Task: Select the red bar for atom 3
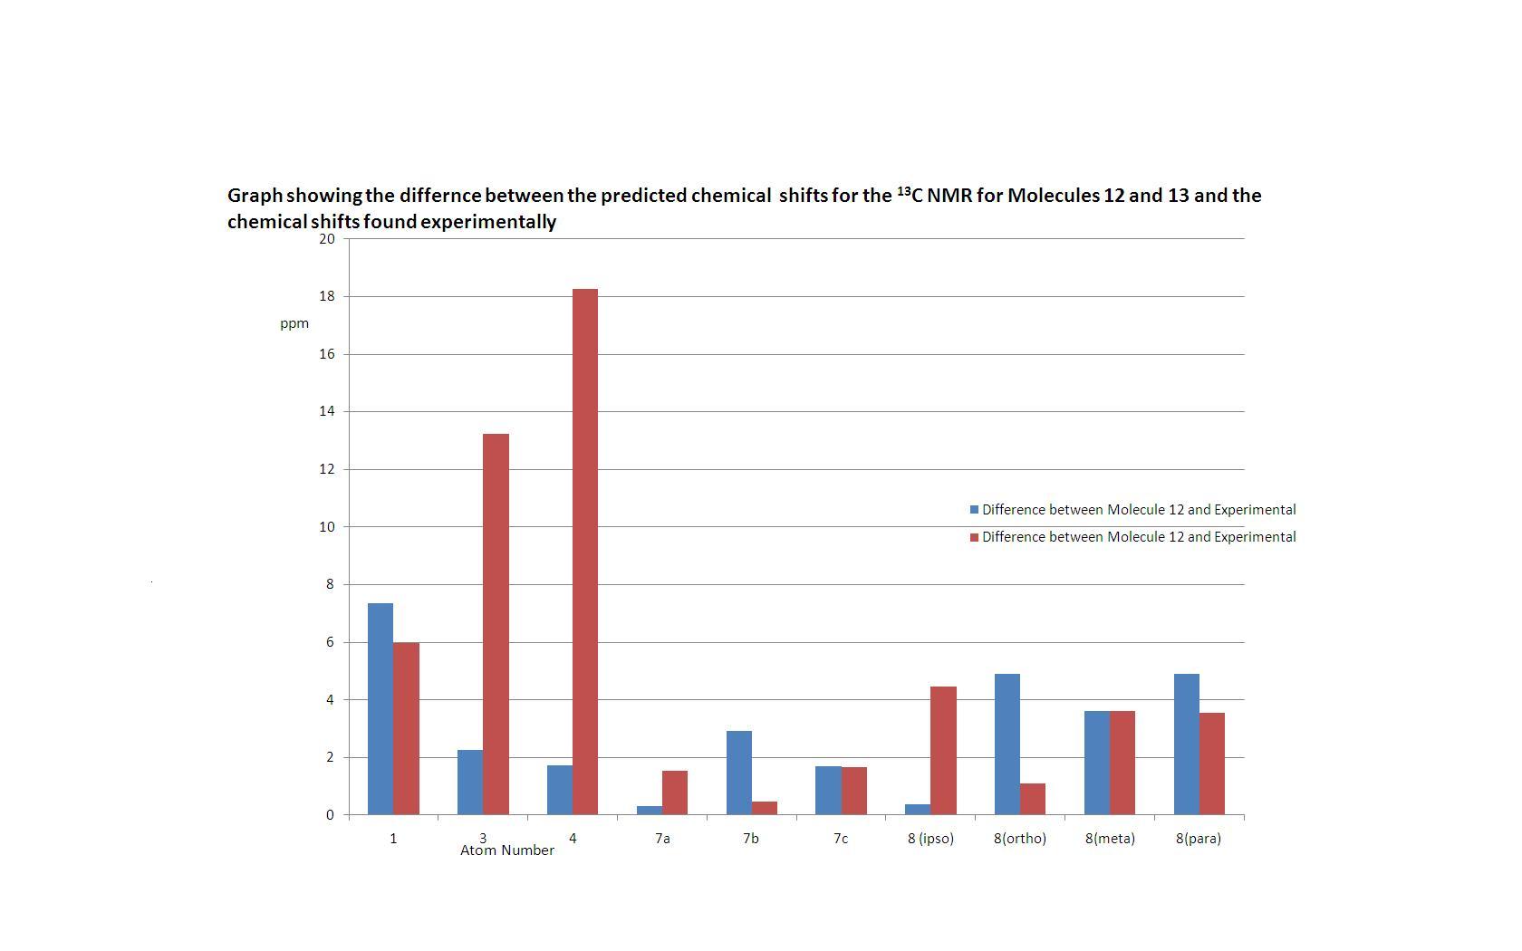[496, 624]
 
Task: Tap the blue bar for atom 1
[380, 708]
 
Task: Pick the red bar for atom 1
[406, 728]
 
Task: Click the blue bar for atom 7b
[738, 773]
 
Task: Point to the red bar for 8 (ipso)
[943, 750]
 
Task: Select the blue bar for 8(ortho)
[1007, 744]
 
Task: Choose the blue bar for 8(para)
[1186, 744]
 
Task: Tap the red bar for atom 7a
[674, 792]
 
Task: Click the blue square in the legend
[975, 510]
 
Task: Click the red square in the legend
[975, 537]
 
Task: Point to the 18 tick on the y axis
[326, 296]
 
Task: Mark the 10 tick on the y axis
[326, 527]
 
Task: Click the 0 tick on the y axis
[330, 815]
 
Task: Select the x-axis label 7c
[841, 839]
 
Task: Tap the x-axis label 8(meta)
[1110, 839]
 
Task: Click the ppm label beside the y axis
[294, 323]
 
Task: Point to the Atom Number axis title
[507, 850]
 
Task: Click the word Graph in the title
[255, 196]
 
